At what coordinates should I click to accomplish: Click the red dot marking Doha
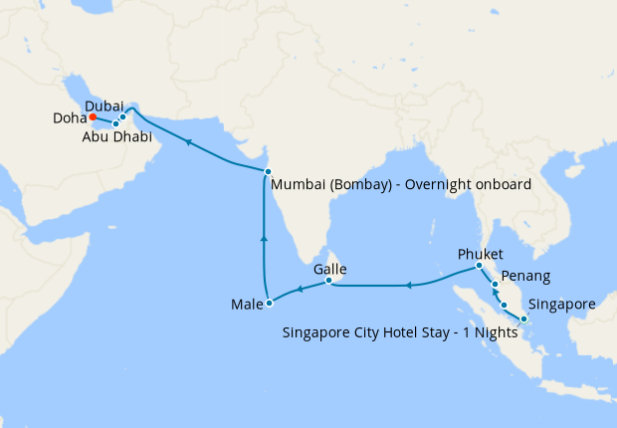[93, 116]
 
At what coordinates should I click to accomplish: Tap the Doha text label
[70, 117]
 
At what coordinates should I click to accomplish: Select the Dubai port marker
[122, 117]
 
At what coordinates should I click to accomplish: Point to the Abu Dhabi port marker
[115, 123]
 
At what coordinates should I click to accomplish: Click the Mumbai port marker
[268, 172]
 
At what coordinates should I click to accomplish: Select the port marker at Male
[269, 303]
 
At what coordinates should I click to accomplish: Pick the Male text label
[244, 303]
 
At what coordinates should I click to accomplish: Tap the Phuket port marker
[479, 266]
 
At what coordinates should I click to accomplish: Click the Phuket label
[481, 253]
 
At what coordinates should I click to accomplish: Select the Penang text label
[525, 274]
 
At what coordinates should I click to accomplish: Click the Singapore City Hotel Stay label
[399, 331]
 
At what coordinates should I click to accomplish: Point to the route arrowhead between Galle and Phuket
[408, 287]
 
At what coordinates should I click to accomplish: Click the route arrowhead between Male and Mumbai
[264, 238]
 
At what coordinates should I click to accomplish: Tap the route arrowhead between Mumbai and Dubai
[186, 143]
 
